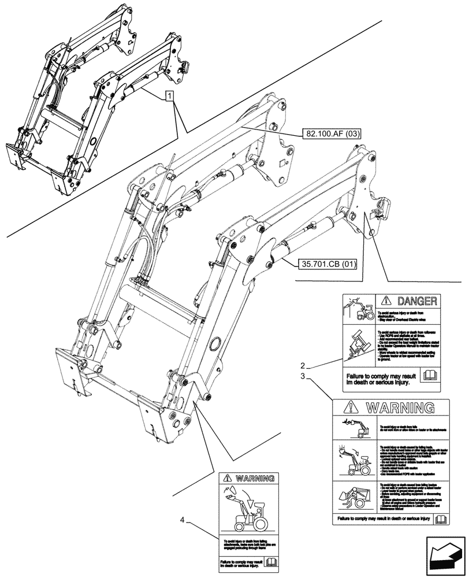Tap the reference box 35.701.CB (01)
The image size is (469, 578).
[x=328, y=265]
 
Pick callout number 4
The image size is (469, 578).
[x=184, y=520]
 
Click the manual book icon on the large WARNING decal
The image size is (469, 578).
[x=441, y=519]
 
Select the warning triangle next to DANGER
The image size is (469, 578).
[x=385, y=301]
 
